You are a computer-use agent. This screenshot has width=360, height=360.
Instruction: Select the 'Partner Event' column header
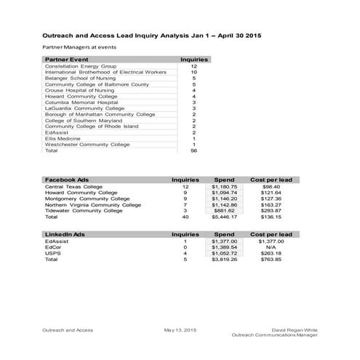67,59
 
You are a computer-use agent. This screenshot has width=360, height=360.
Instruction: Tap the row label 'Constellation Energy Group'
81,66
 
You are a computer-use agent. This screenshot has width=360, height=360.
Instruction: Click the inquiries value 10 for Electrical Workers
194,73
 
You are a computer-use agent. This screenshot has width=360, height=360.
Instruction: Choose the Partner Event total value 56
194,151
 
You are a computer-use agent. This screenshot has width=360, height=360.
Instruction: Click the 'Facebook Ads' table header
67,179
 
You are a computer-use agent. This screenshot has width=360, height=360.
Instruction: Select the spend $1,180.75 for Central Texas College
224,187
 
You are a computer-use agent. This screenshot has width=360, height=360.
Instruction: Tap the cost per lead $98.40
271,187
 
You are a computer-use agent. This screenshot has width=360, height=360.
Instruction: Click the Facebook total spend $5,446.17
224,217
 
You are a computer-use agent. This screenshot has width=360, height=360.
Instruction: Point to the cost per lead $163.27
271,204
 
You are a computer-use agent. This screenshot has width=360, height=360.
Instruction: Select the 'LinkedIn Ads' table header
65,234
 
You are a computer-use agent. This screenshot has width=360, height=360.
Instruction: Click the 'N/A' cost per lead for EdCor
271,247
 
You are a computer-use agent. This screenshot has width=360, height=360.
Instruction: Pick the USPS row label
52,253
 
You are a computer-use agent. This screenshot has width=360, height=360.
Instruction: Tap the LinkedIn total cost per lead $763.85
271,259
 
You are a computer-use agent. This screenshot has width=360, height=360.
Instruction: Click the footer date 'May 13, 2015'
180,329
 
